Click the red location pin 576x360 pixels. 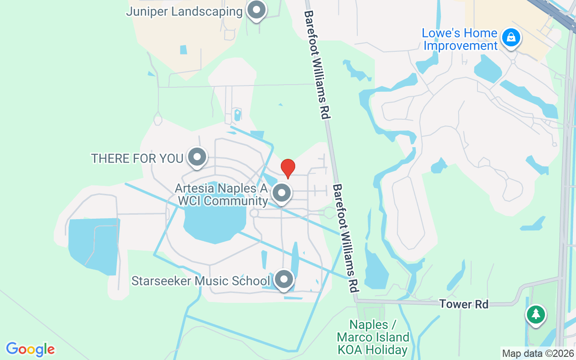[x=288, y=169]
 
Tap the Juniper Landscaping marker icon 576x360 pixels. [x=257, y=9]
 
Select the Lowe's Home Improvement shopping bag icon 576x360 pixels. [x=511, y=38]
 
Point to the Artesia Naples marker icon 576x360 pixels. [x=282, y=193]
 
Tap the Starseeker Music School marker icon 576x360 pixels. [x=284, y=280]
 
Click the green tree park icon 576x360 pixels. [x=535, y=314]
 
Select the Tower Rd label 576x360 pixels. [x=464, y=304]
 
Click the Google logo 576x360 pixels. [x=30, y=349]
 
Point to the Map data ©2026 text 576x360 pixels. [x=538, y=353]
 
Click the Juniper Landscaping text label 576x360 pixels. [x=184, y=11]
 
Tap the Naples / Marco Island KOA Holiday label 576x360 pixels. [x=373, y=337]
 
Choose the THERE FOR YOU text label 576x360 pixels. [x=137, y=158]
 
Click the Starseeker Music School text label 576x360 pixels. [x=200, y=281]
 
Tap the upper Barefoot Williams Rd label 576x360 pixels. [x=317, y=64]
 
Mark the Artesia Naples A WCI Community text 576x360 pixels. [x=221, y=194]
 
